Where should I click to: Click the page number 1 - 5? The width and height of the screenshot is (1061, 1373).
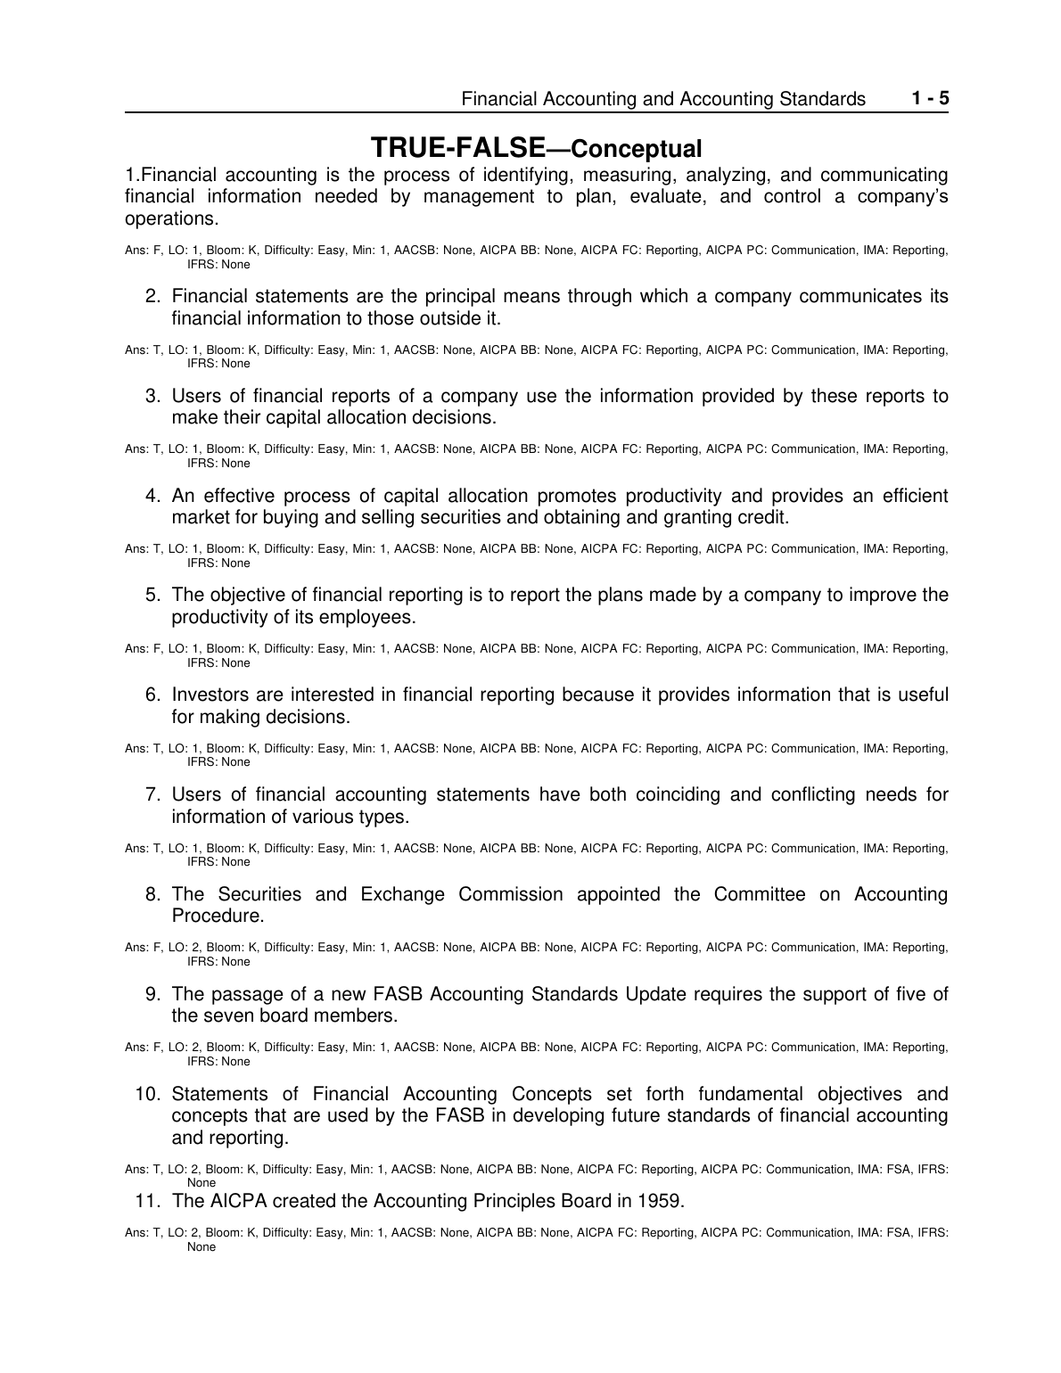(930, 98)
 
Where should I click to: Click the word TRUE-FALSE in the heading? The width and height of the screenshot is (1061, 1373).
(457, 147)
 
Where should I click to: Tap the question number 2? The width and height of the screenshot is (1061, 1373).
(152, 296)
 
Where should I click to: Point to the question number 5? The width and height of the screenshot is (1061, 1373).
(152, 595)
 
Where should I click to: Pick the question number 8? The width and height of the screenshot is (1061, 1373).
(152, 894)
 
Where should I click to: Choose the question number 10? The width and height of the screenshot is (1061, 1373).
(146, 1094)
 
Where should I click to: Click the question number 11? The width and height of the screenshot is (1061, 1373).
(146, 1201)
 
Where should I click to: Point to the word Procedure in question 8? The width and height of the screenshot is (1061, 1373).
(217, 917)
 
